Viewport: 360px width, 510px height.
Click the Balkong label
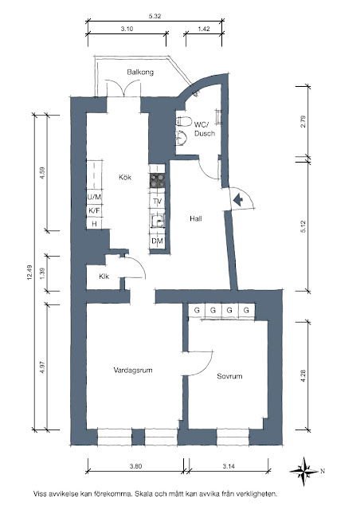tap(140, 72)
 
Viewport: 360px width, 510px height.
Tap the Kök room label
tap(125, 177)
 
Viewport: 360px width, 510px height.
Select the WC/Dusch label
tap(205, 129)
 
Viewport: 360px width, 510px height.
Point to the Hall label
tap(196, 218)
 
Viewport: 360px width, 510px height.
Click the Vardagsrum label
tap(133, 370)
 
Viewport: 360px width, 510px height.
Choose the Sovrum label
tap(229, 376)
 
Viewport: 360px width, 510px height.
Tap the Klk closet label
tap(104, 277)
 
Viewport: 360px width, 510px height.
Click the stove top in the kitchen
tap(158, 181)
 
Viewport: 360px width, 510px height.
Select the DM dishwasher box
tap(158, 241)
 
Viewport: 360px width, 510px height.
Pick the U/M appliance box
tap(94, 197)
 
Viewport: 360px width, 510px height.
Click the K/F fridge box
tap(94, 210)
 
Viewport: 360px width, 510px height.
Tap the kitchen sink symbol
tap(158, 222)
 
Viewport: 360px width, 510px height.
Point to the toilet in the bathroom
tap(183, 121)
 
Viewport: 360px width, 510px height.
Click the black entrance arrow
tap(238, 200)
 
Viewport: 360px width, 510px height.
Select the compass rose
tap(303, 471)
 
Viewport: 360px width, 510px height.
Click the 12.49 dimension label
tap(30, 273)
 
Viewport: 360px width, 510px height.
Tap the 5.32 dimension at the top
tap(155, 16)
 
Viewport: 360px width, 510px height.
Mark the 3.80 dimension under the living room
tap(135, 466)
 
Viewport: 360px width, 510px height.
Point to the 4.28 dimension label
tap(303, 375)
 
